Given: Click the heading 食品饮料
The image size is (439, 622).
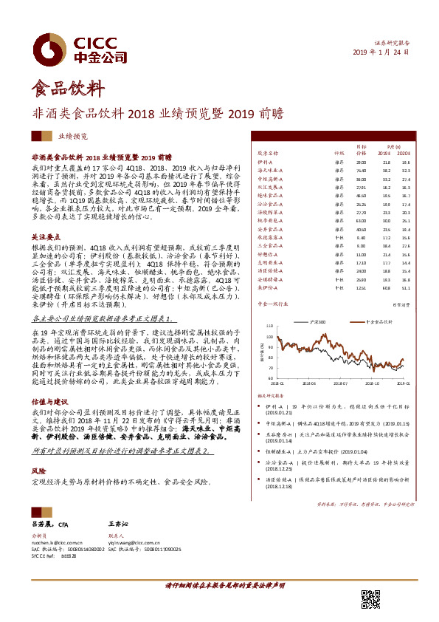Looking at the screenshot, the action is coord(66,89).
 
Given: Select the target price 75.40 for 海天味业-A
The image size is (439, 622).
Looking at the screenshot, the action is coord(360,169).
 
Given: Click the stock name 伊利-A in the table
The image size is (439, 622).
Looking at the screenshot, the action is coord(265,161).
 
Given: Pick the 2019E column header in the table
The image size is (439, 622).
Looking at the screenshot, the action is coord(386,154).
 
